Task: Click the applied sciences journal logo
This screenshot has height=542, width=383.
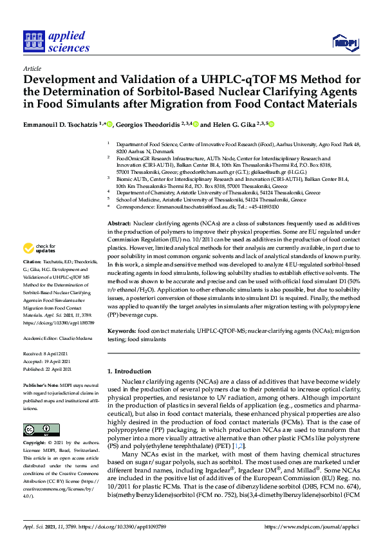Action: point(57,42)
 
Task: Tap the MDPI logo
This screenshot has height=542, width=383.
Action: point(344,42)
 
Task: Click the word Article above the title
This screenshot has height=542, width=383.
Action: point(32,68)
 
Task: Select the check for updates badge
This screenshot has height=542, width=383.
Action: point(40,248)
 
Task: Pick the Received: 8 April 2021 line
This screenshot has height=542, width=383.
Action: point(46,354)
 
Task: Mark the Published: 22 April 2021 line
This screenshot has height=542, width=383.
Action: point(48,368)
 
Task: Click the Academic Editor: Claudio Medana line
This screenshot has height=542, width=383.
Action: point(57,337)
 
